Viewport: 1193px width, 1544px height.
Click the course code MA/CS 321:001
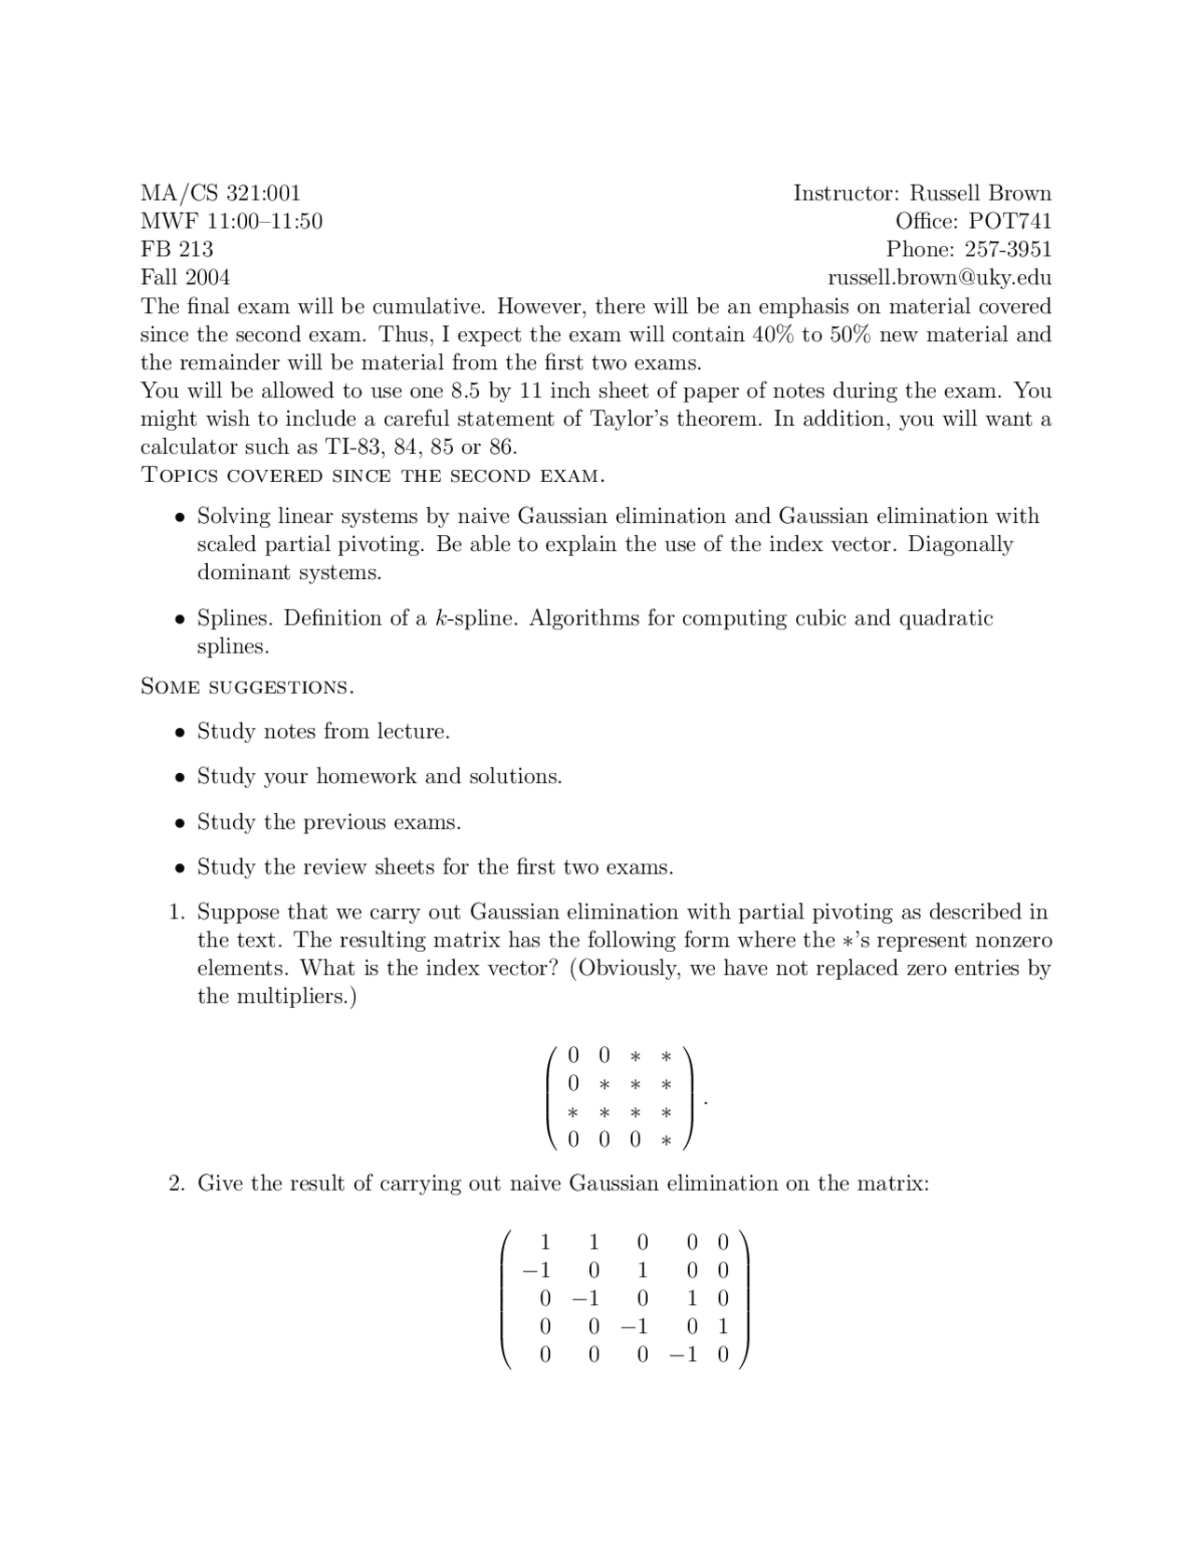point(220,193)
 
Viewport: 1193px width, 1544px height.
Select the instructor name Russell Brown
point(980,193)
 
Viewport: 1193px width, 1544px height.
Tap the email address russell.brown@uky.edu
point(939,278)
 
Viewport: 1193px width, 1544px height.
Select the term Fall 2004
point(185,278)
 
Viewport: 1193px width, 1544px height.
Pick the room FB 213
point(176,249)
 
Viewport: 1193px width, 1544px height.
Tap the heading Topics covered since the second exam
point(372,476)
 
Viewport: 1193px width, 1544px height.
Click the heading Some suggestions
point(247,687)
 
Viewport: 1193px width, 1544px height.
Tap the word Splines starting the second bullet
point(235,618)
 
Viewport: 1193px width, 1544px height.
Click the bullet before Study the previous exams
point(181,823)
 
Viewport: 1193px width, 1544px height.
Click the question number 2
point(177,1183)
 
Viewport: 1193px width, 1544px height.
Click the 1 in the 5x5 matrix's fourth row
point(723,1327)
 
